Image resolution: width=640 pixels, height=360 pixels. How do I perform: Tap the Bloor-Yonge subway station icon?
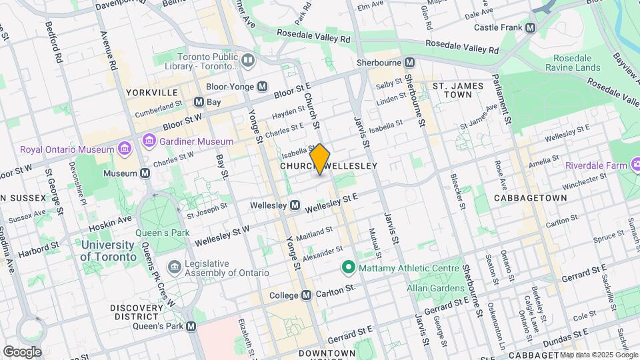click(x=263, y=87)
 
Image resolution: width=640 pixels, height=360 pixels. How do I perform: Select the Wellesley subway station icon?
click(x=294, y=205)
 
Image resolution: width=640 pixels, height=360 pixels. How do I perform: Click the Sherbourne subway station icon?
click(x=410, y=62)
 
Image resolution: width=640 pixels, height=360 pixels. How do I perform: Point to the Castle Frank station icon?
click(x=530, y=28)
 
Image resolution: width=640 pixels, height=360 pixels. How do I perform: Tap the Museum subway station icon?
click(x=145, y=173)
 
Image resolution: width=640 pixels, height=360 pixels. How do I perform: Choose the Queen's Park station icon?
click(x=191, y=327)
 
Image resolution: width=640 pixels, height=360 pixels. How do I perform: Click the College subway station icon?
click(x=306, y=295)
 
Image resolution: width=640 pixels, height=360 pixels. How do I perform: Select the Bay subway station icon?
click(x=198, y=102)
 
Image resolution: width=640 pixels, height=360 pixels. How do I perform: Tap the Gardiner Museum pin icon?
click(x=149, y=141)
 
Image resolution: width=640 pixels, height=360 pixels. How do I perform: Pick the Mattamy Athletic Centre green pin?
click(x=347, y=268)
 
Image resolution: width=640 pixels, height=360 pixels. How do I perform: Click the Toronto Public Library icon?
click(x=248, y=61)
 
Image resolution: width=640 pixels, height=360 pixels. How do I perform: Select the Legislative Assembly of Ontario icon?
click(x=175, y=267)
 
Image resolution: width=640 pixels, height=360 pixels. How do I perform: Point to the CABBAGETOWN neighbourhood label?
click(x=531, y=198)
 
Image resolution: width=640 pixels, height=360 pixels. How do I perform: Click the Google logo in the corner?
click(x=21, y=351)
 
